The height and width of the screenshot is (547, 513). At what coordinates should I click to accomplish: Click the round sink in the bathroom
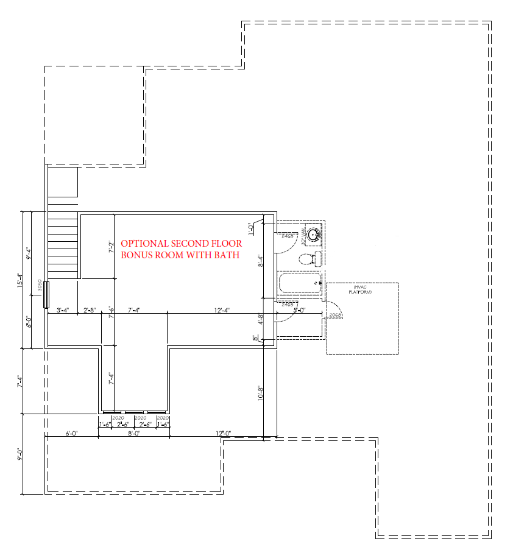pyautogui.click(x=314, y=234)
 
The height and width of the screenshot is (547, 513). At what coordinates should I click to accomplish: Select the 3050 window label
pyautogui.click(x=40, y=286)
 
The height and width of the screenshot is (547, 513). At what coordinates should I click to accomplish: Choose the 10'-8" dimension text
pyautogui.click(x=260, y=393)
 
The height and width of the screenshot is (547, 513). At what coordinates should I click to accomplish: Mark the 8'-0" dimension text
pyautogui.click(x=134, y=434)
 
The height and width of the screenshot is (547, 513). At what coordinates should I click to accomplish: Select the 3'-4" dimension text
pyautogui.click(x=63, y=311)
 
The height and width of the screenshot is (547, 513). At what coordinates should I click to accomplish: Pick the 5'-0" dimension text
pyautogui.click(x=299, y=311)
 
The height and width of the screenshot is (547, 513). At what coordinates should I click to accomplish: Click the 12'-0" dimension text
pyautogui.click(x=222, y=434)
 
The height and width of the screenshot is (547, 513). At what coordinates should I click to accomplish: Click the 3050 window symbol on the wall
pyautogui.click(x=46, y=295)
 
